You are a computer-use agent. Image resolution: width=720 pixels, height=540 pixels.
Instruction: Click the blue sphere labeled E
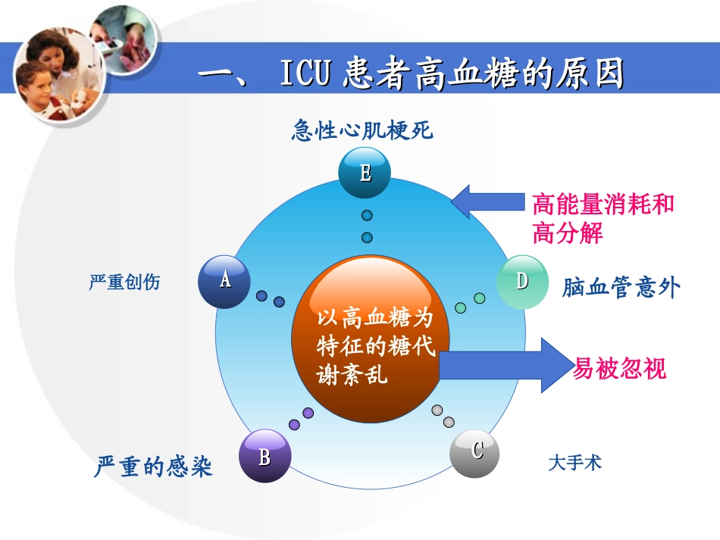tap(365, 173)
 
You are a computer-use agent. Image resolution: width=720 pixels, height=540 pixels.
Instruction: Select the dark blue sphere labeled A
tap(224, 281)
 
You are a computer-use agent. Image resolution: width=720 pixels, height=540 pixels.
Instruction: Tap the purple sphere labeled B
tap(265, 457)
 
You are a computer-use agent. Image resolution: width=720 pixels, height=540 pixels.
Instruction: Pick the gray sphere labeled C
tap(475, 452)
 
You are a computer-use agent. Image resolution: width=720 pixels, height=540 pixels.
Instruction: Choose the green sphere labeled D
tap(522, 282)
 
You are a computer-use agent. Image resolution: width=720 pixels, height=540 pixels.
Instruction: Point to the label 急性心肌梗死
tap(362, 131)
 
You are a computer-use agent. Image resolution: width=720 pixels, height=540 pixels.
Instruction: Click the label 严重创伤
tap(124, 283)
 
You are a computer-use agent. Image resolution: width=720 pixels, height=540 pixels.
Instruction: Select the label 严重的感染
tap(154, 466)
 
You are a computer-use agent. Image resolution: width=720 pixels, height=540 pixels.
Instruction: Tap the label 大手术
tap(574, 462)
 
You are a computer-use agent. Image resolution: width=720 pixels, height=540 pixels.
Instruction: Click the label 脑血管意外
tap(621, 288)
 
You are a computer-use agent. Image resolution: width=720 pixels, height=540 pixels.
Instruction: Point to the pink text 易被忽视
tap(620, 368)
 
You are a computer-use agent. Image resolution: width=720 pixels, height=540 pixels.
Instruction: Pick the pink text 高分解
tap(567, 233)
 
